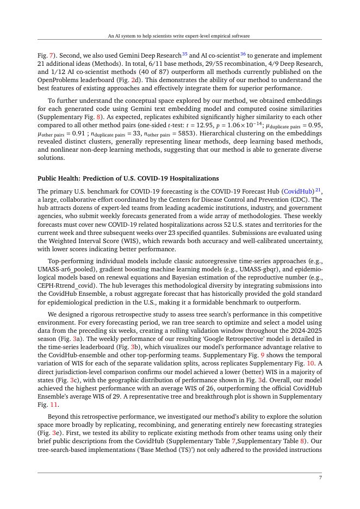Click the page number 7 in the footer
pyautogui.click(x=320, y=477)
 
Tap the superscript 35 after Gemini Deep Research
pyautogui.click(x=185, y=54)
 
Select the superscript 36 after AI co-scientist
pyautogui.click(x=243, y=54)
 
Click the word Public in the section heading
pyautogui.click(x=47, y=178)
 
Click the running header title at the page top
pyautogui.click(x=179, y=36)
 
